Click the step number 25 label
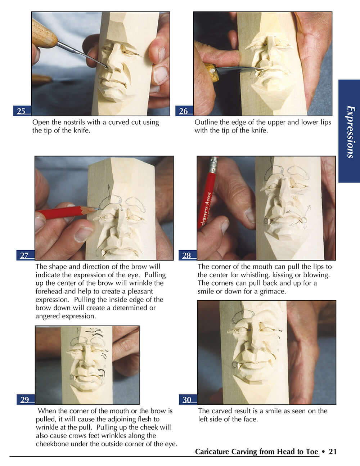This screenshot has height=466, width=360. pyautogui.click(x=21, y=111)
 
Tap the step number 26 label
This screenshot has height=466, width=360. pyautogui.click(x=184, y=111)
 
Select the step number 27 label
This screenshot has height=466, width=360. pyautogui.click(x=24, y=255)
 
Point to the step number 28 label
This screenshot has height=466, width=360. pyautogui.click(x=187, y=255)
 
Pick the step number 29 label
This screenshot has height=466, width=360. pyautogui.click(x=25, y=399)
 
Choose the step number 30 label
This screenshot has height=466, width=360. pyautogui.click(x=187, y=399)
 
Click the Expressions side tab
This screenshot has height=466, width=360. pyautogui.click(x=349, y=131)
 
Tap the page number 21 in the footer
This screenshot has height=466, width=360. pyautogui.click(x=333, y=451)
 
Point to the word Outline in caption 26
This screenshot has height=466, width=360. pyautogui.click(x=206, y=122)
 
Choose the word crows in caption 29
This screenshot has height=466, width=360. pyautogui.click(x=84, y=435)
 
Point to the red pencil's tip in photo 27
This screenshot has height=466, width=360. pyautogui.click(x=96, y=208)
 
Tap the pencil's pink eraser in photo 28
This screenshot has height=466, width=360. pyautogui.click(x=214, y=160)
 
